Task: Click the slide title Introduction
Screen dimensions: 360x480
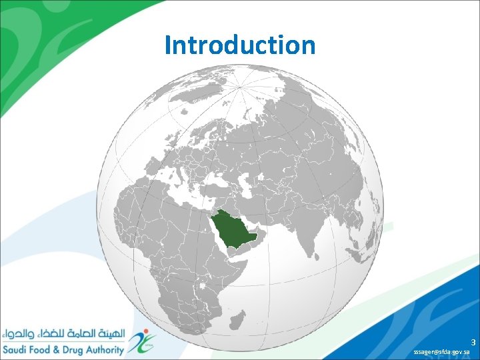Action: [240, 45]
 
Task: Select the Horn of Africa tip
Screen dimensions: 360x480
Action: [255, 261]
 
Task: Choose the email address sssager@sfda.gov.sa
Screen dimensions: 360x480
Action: [441, 351]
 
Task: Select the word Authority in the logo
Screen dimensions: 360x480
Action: [105, 350]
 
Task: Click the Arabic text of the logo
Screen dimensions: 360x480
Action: [63, 331]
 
